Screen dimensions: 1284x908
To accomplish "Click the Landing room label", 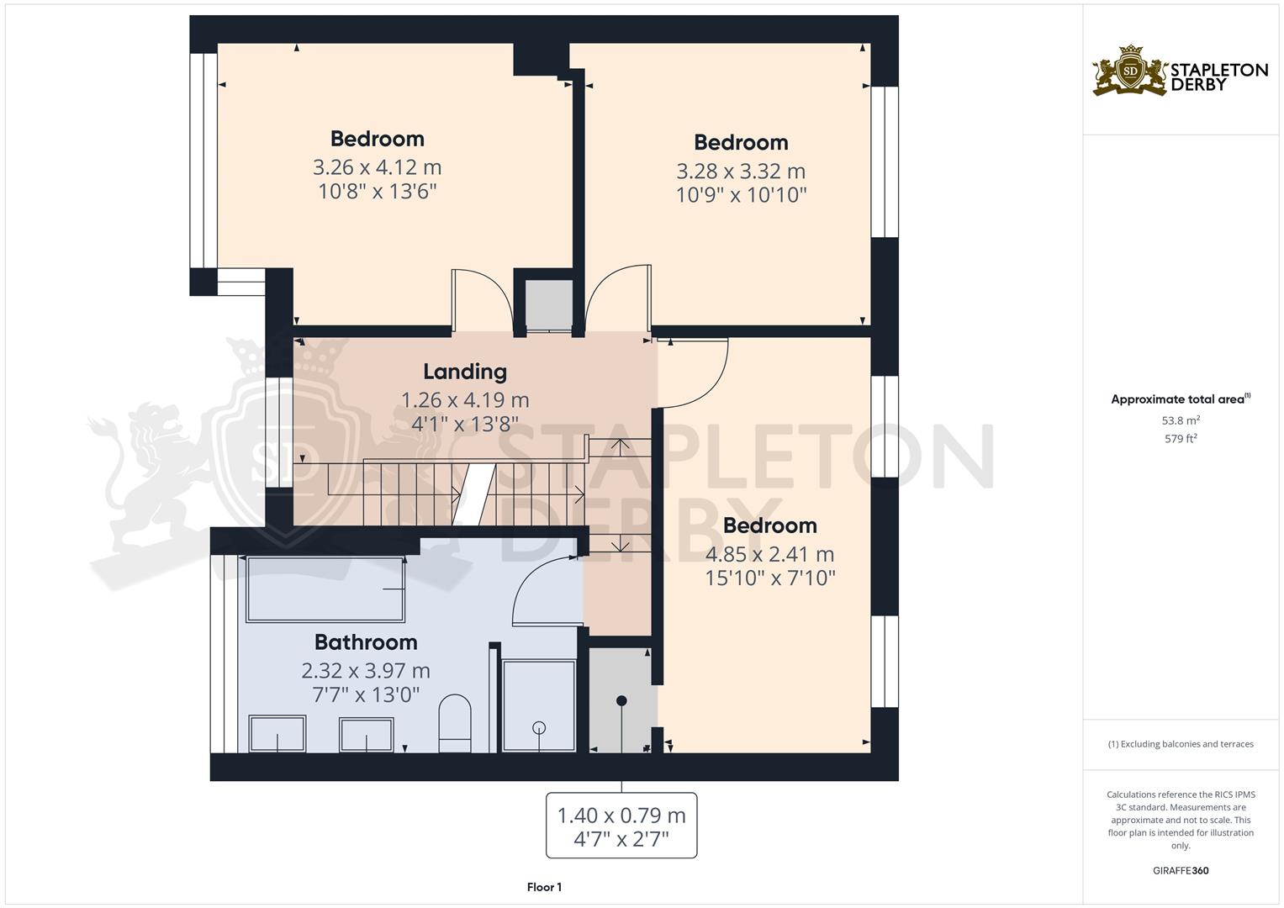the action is [x=465, y=372].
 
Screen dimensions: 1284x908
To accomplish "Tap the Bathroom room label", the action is [x=366, y=642].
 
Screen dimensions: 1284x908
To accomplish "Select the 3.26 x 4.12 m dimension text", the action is [x=378, y=167].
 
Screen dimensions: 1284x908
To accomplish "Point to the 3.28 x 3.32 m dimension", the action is [x=741, y=171].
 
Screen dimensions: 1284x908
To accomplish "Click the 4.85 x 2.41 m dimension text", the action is [x=769, y=554].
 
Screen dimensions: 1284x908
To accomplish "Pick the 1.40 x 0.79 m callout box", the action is [x=621, y=826].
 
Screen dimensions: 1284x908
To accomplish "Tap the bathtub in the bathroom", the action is [x=325, y=589].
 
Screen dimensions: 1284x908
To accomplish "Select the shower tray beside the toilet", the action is [x=539, y=705].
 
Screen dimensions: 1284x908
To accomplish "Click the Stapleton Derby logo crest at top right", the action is [x=1130, y=71].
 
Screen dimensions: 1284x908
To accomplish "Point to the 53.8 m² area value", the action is [x=1181, y=420].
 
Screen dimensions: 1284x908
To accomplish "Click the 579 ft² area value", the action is [x=1181, y=439].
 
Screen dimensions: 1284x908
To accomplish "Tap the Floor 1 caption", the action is [x=544, y=887].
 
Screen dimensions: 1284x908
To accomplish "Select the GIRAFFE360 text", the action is [x=1181, y=870].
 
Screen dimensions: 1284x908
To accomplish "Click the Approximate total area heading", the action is [x=1181, y=399].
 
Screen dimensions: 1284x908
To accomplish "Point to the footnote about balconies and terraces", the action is [x=1181, y=744].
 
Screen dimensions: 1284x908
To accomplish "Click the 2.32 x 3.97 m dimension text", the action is [x=366, y=671].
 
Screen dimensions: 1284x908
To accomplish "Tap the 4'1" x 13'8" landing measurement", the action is [x=465, y=425].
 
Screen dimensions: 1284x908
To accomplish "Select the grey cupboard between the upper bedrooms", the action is [x=549, y=305].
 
